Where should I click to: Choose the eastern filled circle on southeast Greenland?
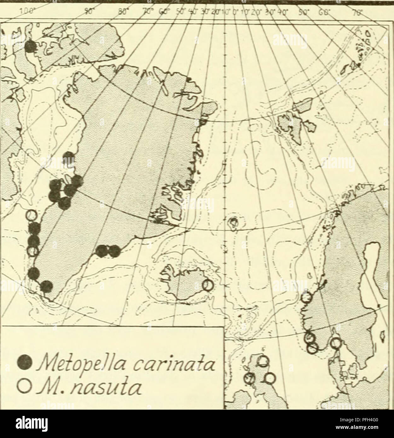coord(114,251)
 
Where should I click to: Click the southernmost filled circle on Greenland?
coord(46,286)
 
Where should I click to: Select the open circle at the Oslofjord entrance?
coord(336,342)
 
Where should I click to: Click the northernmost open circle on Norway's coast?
coord(306,297)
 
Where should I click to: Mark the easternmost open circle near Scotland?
coord(269,378)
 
